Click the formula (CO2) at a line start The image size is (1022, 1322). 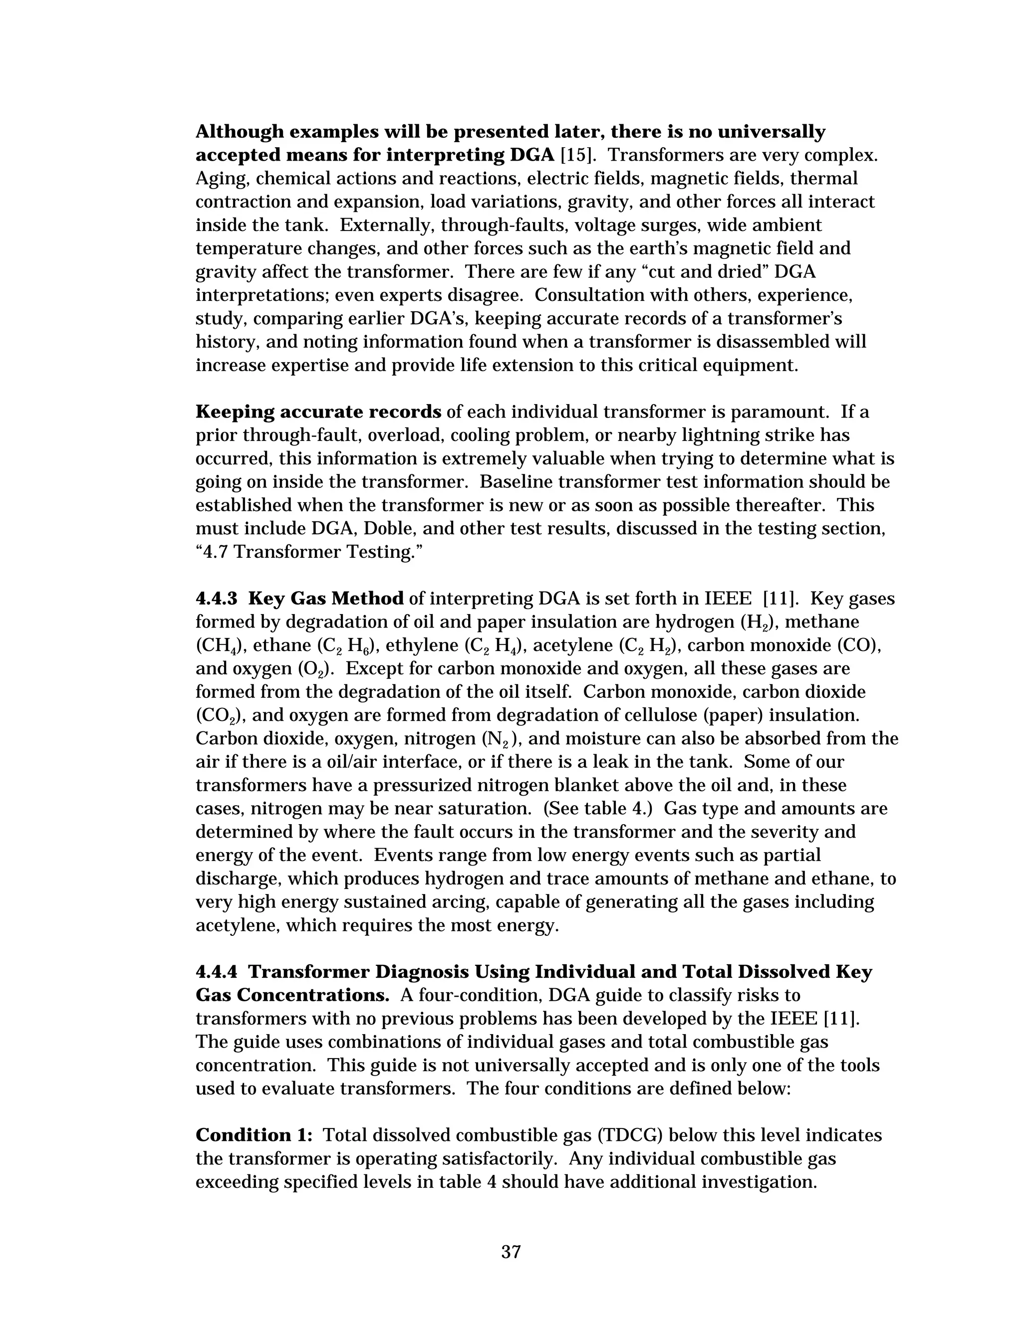pyautogui.click(x=219, y=716)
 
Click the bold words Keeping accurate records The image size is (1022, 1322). pyautogui.click(x=318, y=412)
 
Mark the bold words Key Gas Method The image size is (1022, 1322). pyautogui.click(x=326, y=599)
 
